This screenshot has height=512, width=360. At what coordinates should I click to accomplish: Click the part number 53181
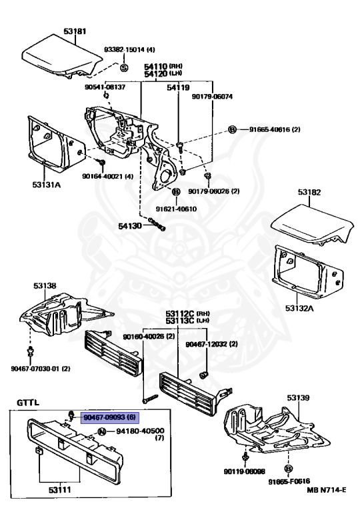(75, 32)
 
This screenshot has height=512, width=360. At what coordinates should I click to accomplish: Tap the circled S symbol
(124, 67)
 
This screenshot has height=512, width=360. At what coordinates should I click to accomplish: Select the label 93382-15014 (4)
(129, 49)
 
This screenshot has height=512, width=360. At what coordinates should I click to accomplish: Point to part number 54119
(178, 87)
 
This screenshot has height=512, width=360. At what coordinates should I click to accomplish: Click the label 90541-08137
(105, 87)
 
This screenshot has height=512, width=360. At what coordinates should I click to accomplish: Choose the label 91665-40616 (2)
(275, 129)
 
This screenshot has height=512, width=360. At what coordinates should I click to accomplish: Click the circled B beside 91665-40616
(231, 129)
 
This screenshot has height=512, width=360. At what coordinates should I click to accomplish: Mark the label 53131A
(47, 185)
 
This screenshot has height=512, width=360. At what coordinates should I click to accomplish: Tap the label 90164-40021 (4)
(107, 176)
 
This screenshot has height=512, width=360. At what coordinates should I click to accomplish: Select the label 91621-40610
(176, 209)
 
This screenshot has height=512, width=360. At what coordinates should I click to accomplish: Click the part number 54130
(130, 226)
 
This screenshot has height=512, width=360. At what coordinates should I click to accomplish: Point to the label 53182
(309, 192)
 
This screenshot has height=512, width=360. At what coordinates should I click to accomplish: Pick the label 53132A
(299, 308)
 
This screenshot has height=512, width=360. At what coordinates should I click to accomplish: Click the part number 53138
(45, 286)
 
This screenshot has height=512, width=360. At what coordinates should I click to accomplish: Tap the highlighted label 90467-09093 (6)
(110, 417)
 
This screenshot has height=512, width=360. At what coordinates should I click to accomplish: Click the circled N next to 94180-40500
(102, 432)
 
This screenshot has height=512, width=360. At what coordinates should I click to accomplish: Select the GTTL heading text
(28, 403)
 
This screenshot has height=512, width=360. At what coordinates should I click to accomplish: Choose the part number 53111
(60, 490)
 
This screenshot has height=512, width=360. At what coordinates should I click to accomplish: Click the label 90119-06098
(245, 471)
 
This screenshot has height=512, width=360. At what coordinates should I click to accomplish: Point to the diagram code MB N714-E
(327, 490)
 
